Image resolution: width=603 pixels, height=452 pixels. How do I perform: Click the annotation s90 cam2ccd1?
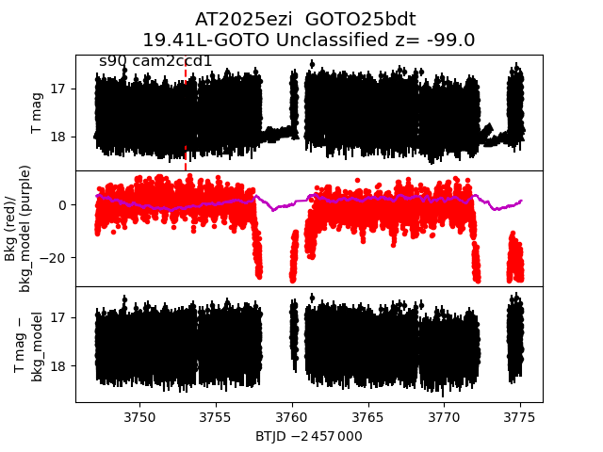click(x=155, y=61)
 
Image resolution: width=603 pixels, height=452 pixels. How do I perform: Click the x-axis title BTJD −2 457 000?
click(x=309, y=436)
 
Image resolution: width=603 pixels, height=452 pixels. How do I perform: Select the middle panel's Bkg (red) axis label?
click(x=11, y=228)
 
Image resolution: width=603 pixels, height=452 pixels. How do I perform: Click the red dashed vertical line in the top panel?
click(x=186, y=113)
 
